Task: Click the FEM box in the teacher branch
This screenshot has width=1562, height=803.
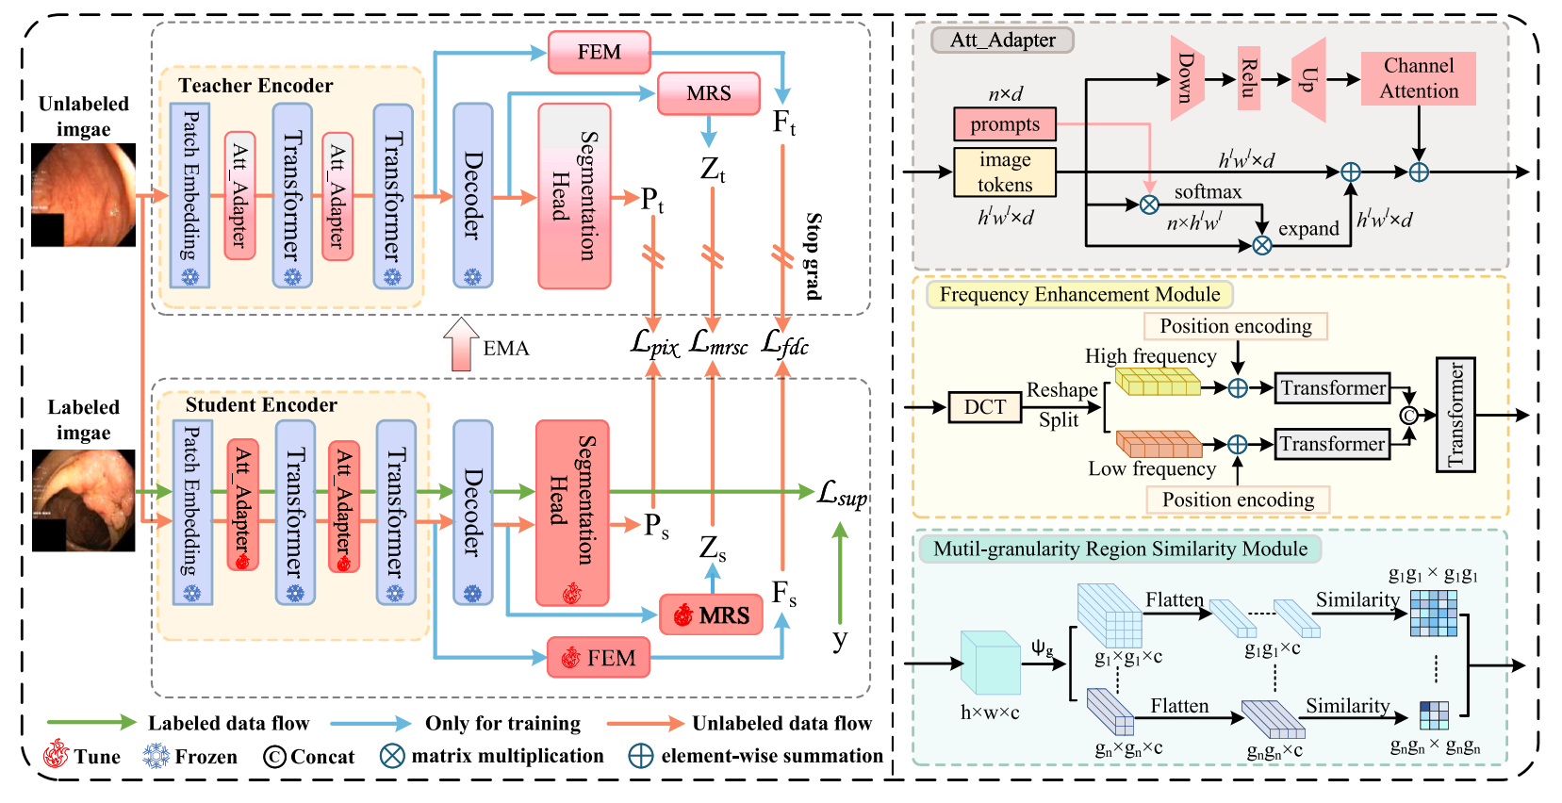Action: coord(600,52)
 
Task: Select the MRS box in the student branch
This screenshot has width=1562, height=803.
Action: coord(711,615)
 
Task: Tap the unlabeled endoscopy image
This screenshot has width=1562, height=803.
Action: coord(83,194)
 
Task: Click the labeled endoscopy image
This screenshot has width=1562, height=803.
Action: coord(83,500)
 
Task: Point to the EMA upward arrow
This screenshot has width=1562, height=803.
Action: coord(461,344)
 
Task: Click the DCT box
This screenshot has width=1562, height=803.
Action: coord(984,407)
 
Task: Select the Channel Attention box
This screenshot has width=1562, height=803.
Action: coord(1418,78)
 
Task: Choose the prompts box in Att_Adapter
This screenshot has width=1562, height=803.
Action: coord(1004,124)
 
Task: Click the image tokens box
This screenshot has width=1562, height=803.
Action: coord(1004,172)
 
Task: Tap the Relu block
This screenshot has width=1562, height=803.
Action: coord(1248,78)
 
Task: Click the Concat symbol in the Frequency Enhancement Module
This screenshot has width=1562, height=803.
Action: coord(1408,416)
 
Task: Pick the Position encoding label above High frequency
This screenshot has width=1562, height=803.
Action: coord(1235,326)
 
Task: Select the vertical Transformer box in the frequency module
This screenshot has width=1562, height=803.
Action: coord(1455,415)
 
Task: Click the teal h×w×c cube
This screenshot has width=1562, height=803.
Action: coord(990,664)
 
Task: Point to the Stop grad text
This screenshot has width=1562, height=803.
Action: coord(813,255)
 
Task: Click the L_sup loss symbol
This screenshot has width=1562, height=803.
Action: coord(841,493)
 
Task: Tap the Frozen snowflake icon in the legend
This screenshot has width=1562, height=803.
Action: coord(156,756)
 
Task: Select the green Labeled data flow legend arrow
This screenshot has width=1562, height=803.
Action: coord(91,723)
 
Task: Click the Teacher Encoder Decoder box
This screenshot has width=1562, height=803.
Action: coord(472,195)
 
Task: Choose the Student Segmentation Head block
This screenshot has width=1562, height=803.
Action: coord(571,513)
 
